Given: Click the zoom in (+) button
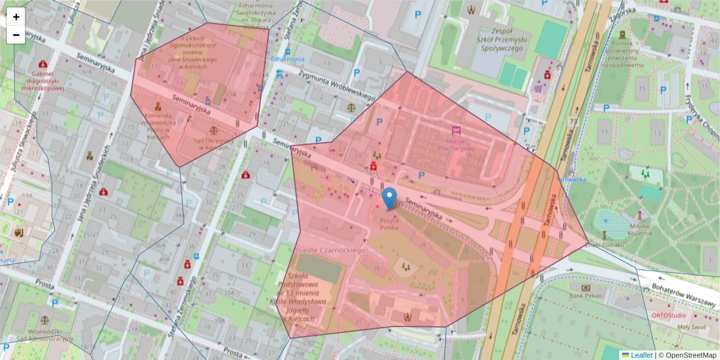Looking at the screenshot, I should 16,17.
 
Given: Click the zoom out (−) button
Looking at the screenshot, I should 16,35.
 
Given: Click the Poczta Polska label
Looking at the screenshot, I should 389,224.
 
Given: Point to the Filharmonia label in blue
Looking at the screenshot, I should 287,59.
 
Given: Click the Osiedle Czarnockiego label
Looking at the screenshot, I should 329,249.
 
